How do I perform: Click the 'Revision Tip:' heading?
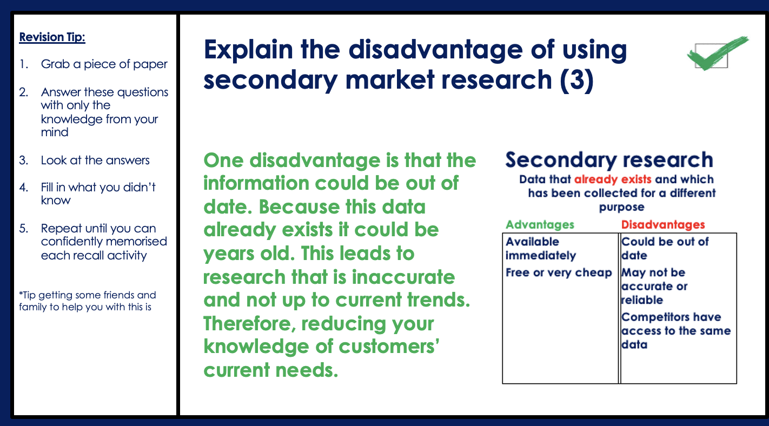[52, 37]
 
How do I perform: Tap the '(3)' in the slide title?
[576, 80]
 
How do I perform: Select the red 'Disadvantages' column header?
[663, 224]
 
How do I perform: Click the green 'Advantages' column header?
[540, 224]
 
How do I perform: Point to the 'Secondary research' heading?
[609, 161]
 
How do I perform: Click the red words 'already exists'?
[613, 179]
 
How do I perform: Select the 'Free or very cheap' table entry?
[559, 272]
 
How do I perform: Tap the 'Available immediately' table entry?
[541, 249]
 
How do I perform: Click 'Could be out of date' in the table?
[665, 249]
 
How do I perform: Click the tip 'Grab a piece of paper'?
[104, 64]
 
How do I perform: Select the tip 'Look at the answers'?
[95, 161]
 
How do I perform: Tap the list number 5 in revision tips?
[23, 228]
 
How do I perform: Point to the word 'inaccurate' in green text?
[403, 277]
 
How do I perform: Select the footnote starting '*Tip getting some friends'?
[88, 301]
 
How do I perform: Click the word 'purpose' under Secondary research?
[622, 208]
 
